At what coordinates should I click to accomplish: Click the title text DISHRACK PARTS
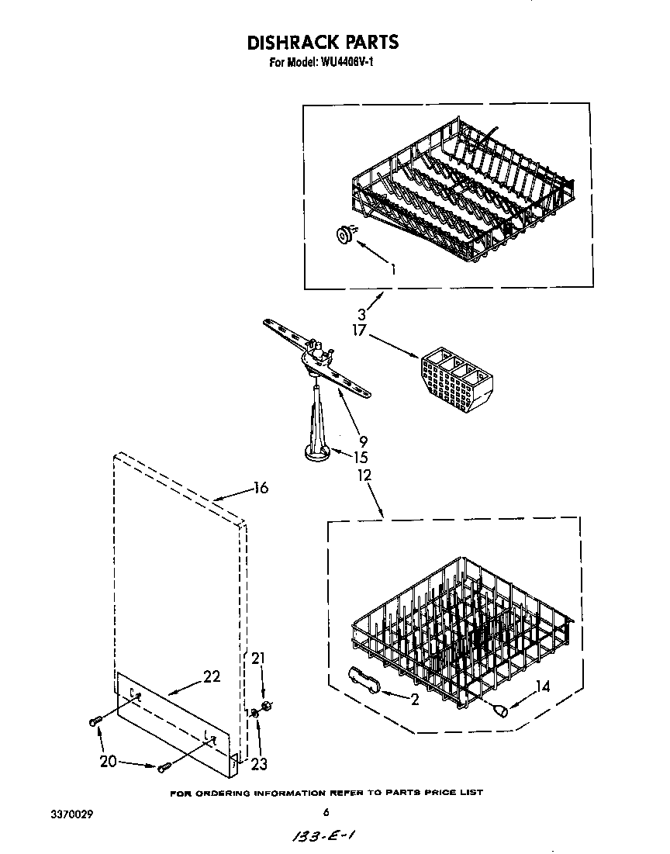click(323, 42)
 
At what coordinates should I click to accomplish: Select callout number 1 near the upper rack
click(395, 271)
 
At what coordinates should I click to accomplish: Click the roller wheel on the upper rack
click(344, 233)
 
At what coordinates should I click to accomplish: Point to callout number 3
click(363, 316)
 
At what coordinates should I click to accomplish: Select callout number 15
click(360, 458)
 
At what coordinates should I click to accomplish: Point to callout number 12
click(364, 475)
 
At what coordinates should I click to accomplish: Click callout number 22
click(211, 676)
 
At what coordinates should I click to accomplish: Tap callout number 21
click(258, 659)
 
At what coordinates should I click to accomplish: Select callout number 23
click(259, 764)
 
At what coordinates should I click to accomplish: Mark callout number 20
click(109, 761)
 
